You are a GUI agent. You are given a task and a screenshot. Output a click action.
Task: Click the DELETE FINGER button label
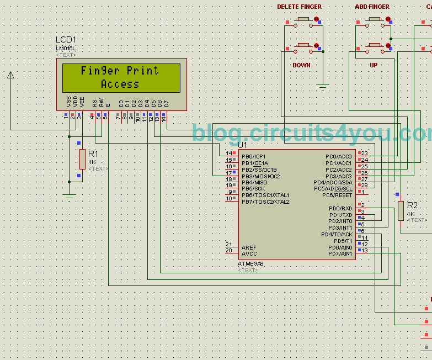299,7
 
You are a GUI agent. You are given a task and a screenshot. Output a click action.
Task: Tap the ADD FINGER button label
372,7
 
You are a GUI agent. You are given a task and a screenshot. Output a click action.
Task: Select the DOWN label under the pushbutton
301,65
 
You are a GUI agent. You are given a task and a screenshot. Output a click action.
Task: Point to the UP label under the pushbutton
374,65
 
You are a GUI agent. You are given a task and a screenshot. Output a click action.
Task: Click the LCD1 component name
66,40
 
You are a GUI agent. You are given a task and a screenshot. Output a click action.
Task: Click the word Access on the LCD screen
120,84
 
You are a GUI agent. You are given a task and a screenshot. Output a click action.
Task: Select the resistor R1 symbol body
82,159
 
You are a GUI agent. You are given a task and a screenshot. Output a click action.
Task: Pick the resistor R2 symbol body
401,211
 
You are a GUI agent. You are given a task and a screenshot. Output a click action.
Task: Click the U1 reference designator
243,145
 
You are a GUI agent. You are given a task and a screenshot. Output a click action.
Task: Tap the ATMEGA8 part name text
251,264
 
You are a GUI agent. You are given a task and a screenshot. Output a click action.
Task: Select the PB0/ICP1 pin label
254,156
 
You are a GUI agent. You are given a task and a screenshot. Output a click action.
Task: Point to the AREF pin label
249,248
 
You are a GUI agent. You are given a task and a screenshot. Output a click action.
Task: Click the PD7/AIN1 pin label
340,254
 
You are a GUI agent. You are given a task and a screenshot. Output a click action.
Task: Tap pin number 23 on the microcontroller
364,153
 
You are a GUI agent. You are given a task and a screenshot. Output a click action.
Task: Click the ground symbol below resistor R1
69,195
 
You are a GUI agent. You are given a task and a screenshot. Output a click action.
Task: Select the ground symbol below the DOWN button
323,86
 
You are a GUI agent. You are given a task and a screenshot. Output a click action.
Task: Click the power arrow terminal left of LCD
10,75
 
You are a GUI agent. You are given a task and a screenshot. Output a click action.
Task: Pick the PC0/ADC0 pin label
338,156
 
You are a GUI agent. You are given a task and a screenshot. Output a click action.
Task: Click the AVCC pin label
249,254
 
